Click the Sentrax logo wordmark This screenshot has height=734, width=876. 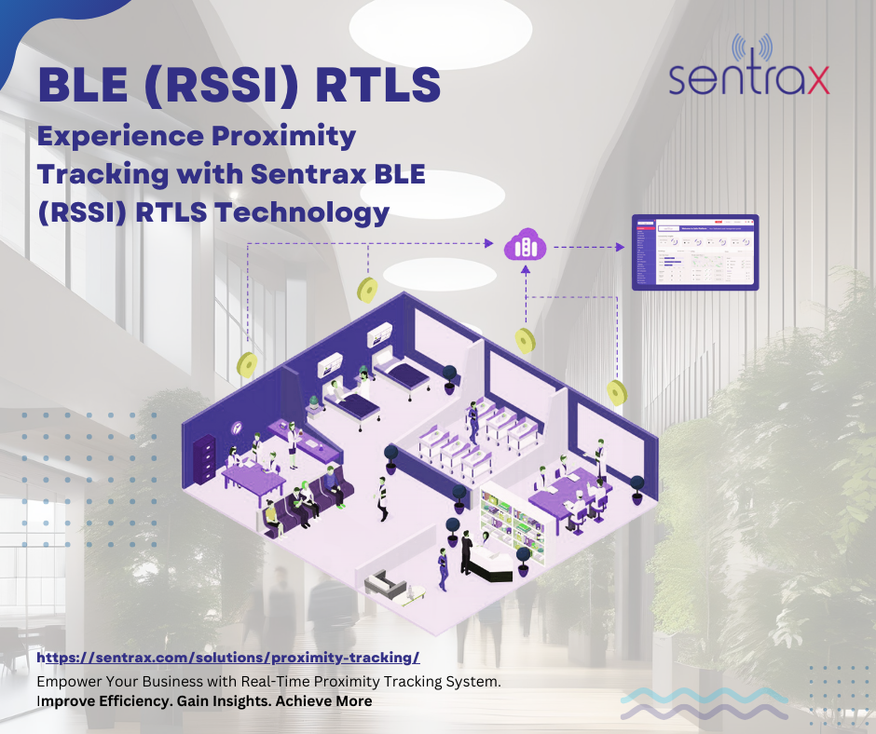coord(749,79)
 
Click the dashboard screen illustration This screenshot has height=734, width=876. coord(695,252)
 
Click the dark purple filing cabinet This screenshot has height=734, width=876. coord(204,459)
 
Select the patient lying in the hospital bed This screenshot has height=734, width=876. coord(345,401)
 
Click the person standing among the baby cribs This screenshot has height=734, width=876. coord(472,419)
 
